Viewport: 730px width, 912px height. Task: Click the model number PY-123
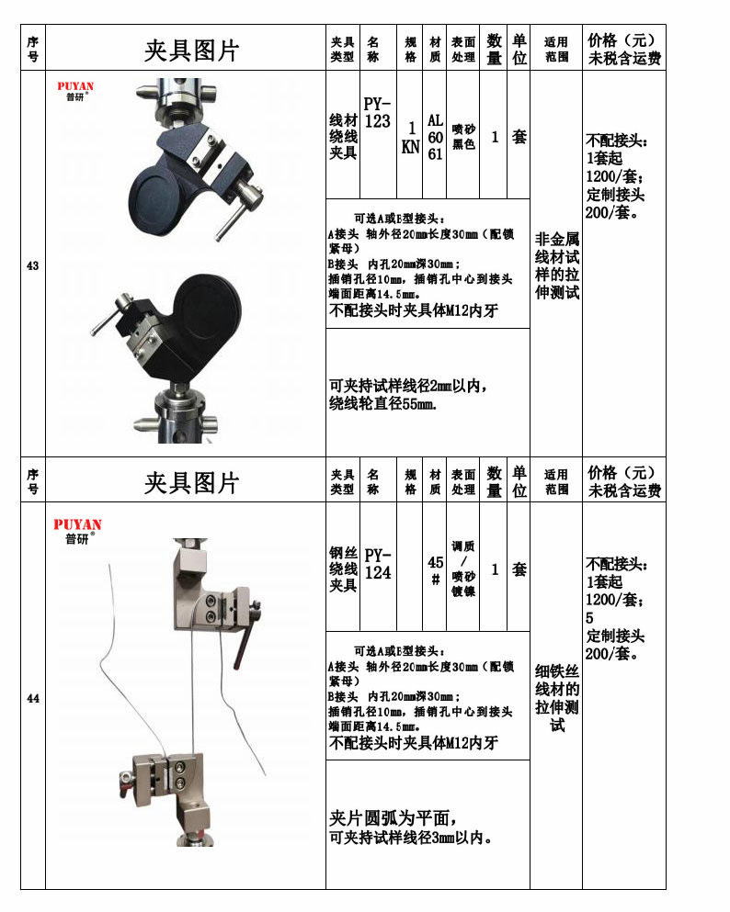[x=377, y=112]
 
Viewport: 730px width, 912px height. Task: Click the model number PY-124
[x=377, y=563]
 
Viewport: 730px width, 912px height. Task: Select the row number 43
[x=33, y=265]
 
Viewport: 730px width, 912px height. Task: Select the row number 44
[x=33, y=699]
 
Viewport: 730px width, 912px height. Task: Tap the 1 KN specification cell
[x=410, y=136]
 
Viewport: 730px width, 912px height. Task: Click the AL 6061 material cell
[x=435, y=137]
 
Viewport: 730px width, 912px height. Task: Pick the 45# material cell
[x=435, y=569]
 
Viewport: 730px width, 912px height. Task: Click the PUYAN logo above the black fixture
[x=75, y=92]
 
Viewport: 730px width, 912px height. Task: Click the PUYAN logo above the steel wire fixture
[x=77, y=530]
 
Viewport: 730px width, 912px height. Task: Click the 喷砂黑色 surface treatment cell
[x=463, y=137]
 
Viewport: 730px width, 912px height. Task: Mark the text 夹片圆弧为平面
[x=393, y=817]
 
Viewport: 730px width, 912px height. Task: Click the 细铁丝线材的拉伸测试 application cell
[x=557, y=698]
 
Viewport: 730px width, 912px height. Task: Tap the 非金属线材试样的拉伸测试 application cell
[x=557, y=265]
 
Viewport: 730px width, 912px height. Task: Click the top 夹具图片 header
[x=191, y=50]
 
